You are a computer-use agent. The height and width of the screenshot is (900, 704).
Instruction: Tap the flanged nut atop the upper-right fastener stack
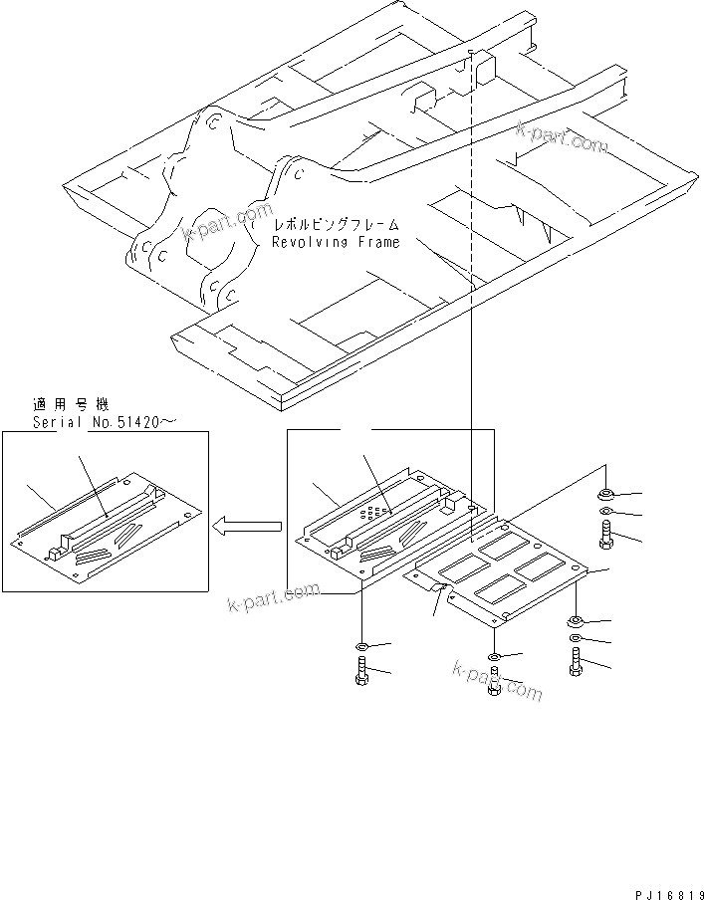point(606,495)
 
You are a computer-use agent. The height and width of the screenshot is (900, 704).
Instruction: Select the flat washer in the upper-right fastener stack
point(607,514)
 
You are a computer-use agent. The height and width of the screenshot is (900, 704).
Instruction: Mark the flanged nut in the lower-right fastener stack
point(577,622)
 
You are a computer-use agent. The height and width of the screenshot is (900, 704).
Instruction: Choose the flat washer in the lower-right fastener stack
point(577,639)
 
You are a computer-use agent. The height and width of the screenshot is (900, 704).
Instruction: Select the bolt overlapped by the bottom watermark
point(495,685)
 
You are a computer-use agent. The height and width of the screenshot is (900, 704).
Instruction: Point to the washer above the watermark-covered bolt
point(495,657)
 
